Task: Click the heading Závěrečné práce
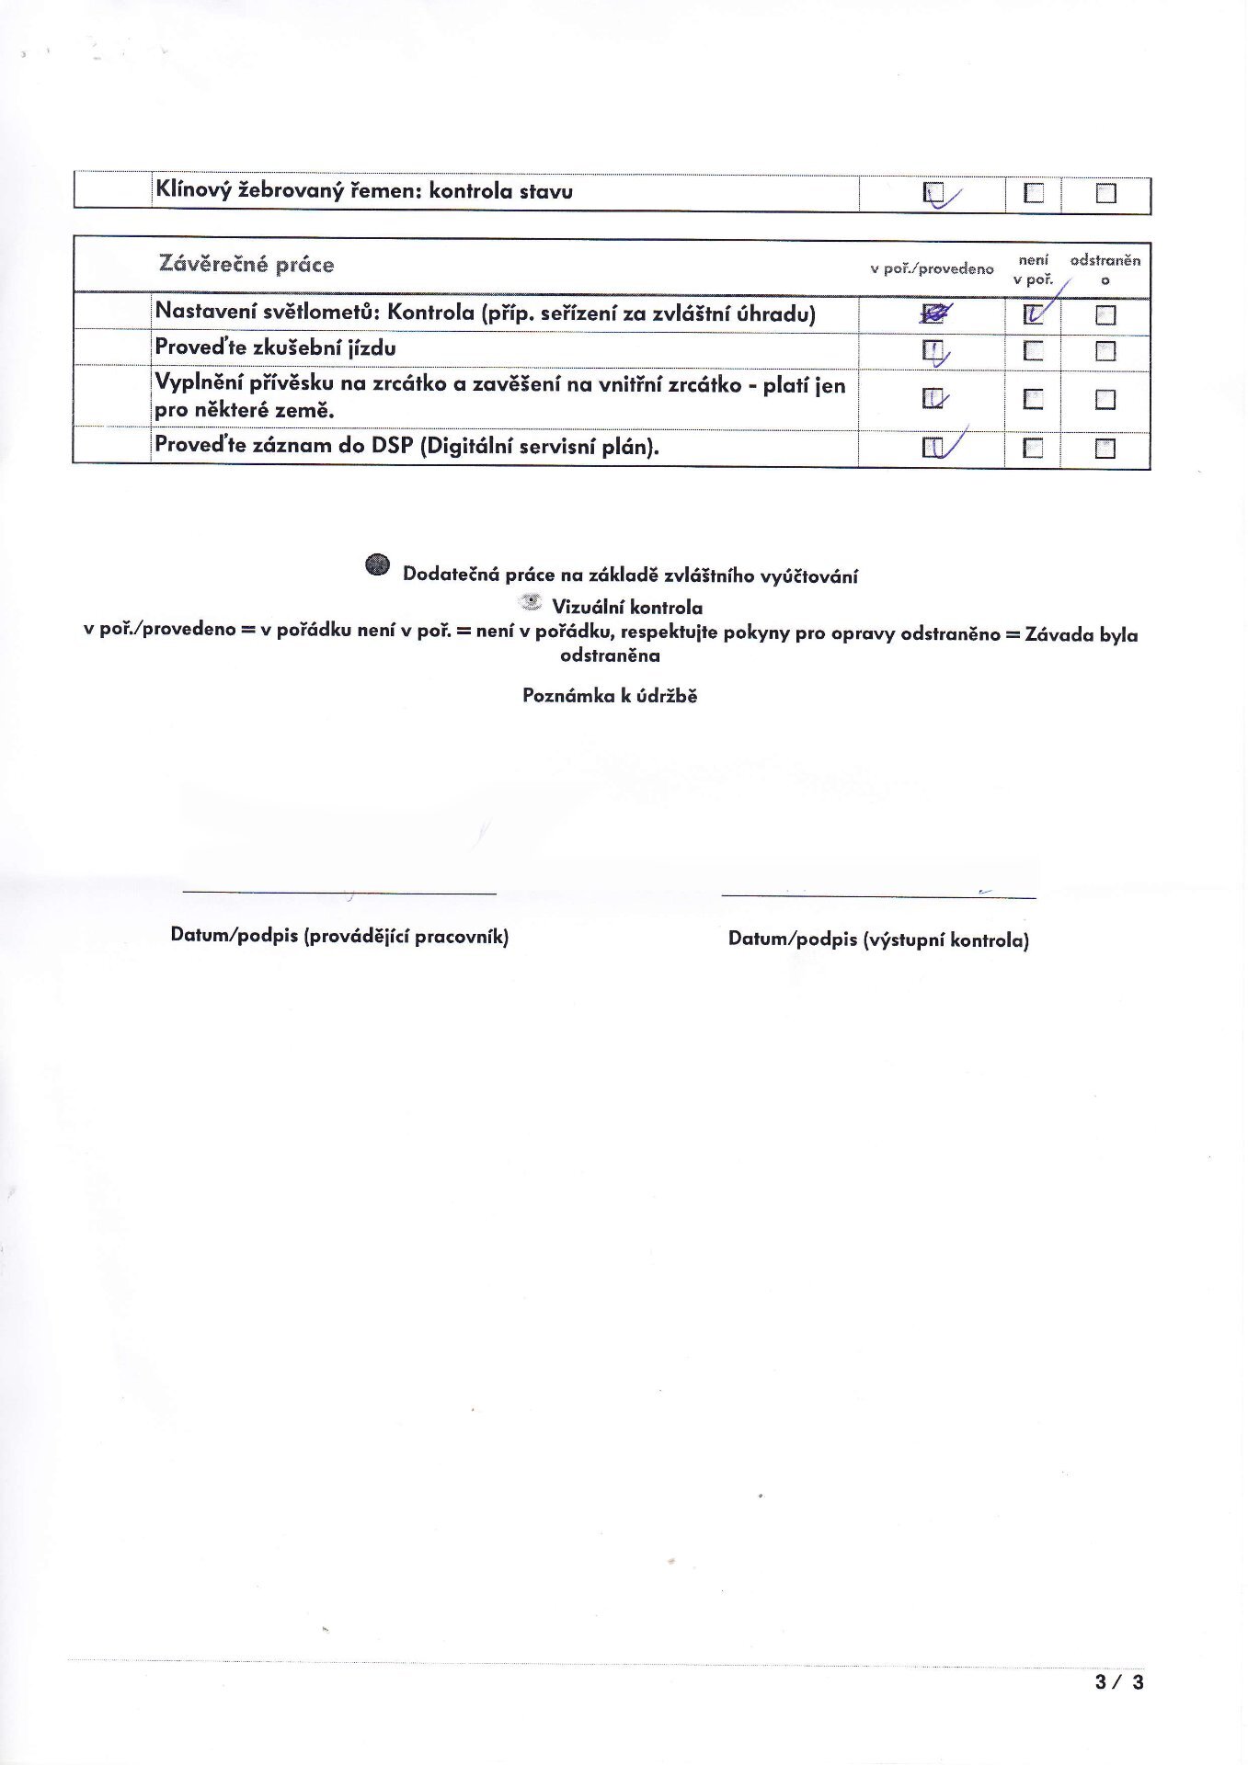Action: click(246, 265)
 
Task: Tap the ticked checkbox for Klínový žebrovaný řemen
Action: click(933, 192)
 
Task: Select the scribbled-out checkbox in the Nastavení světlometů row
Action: click(933, 314)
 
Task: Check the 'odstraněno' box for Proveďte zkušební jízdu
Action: click(1105, 351)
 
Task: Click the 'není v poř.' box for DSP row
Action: click(1034, 448)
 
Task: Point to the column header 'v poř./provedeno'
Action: click(932, 269)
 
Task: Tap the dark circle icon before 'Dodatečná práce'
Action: click(377, 565)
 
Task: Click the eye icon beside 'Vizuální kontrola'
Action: click(531, 603)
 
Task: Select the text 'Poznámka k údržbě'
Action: click(610, 696)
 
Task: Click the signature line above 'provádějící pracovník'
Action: click(339, 893)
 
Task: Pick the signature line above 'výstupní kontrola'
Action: click(878, 895)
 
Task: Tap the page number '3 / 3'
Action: click(1119, 1682)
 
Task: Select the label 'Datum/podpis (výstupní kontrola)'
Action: click(878, 939)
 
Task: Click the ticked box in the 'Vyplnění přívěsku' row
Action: click(933, 399)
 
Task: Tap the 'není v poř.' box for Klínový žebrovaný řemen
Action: click(1034, 192)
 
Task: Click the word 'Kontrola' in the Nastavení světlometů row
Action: click(430, 313)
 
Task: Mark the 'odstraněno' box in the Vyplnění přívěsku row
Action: click(1105, 399)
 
